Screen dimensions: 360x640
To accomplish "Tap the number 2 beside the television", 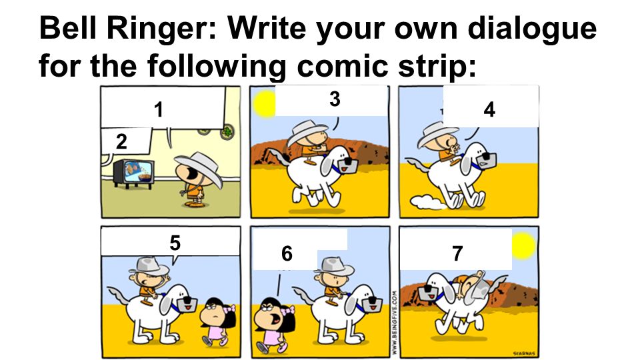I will click(x=121, y=141).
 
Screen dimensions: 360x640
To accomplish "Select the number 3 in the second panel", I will click(x=335, y=99).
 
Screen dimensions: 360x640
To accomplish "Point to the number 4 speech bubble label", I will click(x=489, y=110).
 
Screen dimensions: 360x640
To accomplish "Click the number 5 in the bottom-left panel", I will click(x=175, y=243).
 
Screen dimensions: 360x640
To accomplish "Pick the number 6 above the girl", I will click(x=287, y=253).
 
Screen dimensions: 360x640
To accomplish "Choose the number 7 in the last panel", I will click(x=457, y=253).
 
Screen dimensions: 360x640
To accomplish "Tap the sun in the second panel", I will click(x=264, y=103).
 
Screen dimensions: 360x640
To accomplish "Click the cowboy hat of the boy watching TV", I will click(x=195, y=161).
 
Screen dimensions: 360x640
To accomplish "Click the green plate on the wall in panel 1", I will click(x=229, y=131).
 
